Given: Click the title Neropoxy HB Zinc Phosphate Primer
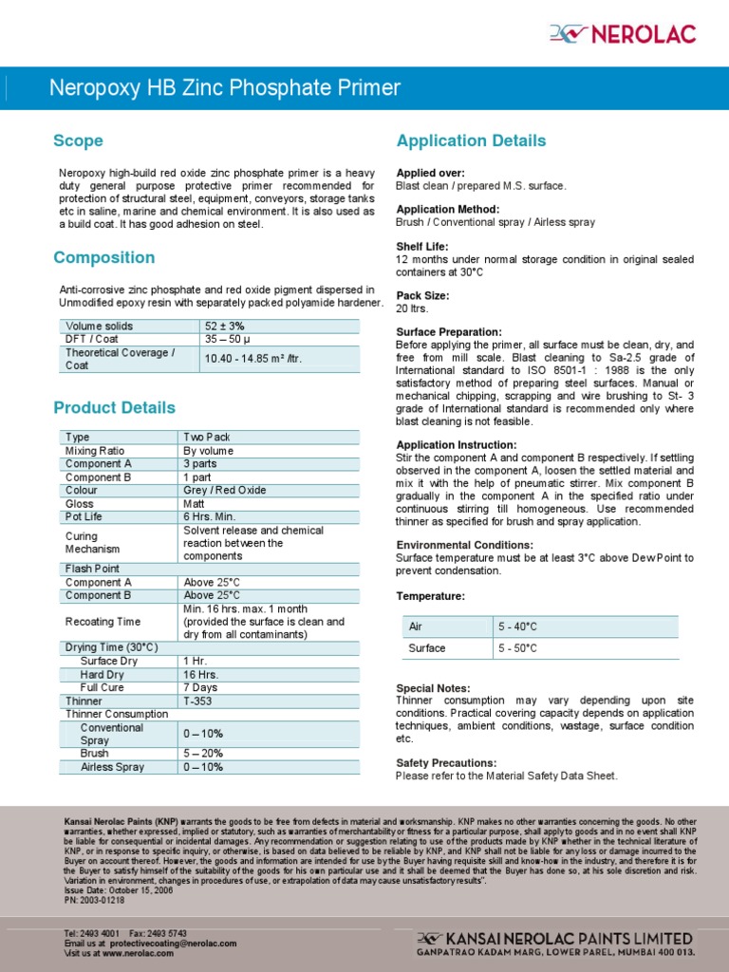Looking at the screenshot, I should point(224,89).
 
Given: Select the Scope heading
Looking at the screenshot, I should point(78,141).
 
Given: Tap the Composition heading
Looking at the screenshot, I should point(103,258).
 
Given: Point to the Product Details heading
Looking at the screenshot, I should point(114,408).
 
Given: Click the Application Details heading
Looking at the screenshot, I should point(471,141).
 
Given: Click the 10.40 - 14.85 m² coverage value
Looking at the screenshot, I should point(253,359).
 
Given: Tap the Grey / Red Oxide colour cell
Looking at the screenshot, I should point(224,491).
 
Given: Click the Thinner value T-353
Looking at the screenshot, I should point(199,701).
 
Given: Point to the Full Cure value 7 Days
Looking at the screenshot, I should point(200,688).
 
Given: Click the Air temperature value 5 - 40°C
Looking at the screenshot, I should point(517,627).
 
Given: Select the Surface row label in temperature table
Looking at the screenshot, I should point(426,649).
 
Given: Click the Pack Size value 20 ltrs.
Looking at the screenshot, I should point(412,308).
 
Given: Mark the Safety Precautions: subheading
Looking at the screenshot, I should point(446,763).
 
